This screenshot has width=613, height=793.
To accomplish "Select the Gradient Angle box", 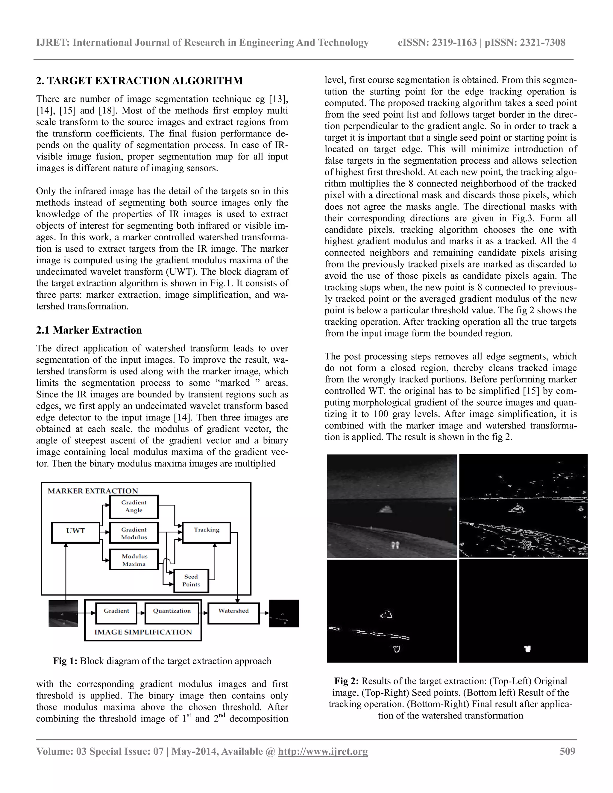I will pyautogui.click(x=133, y=507).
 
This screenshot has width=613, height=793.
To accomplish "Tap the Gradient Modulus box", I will pyautogui.click(x=133, y=533).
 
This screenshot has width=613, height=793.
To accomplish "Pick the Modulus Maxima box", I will pyautogui.click(x=133, y=560).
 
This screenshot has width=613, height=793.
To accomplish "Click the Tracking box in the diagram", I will pyautogui.click(x=206, y=532).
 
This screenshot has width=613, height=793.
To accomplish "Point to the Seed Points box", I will pyautogui.click(x=191, y=581).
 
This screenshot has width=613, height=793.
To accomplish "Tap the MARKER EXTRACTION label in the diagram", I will pyautogui.click(x=93, y=491).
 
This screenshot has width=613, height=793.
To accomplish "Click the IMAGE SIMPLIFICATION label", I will pyautogui.click(x=143, y=632).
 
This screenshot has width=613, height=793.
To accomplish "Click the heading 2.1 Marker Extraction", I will pyautogui.click(x=89, y=330).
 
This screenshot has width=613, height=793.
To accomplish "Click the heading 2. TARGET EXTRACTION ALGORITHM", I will pyautogui.click(x=139, y=80).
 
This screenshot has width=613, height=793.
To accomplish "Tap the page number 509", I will pyautogui.click(x=567, y=751).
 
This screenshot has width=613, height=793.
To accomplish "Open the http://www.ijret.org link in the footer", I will pyautogui.click(x=323, y=751).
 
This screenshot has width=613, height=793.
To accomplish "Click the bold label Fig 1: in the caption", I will pyautogui.click(x=65, y=661).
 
